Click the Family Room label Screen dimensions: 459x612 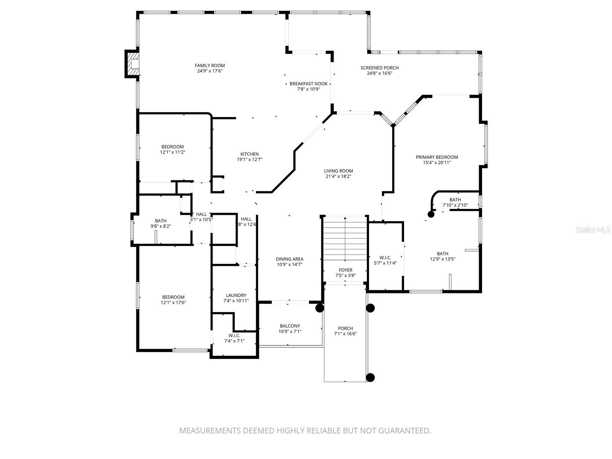[x=210, y=65]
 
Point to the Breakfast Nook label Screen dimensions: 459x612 [x=308, y=84]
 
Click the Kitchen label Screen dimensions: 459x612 [x=249, y=154]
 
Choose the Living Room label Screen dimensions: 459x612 [x=338, y=171]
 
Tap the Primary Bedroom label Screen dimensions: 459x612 [x=436, y=157]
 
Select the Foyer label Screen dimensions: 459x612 [x=345, y=270]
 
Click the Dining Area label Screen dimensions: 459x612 [x=290, y=259]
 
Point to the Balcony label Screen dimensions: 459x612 [x=290, y=326]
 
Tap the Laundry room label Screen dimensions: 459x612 [x=236, y=295]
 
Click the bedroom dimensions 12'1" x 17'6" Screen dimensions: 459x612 [x=173, y=303]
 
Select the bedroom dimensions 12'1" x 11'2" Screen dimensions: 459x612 [x=173, y=152]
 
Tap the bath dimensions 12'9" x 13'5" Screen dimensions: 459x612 [x=443, y=259]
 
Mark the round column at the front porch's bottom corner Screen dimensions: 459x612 [x=370, y=378]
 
